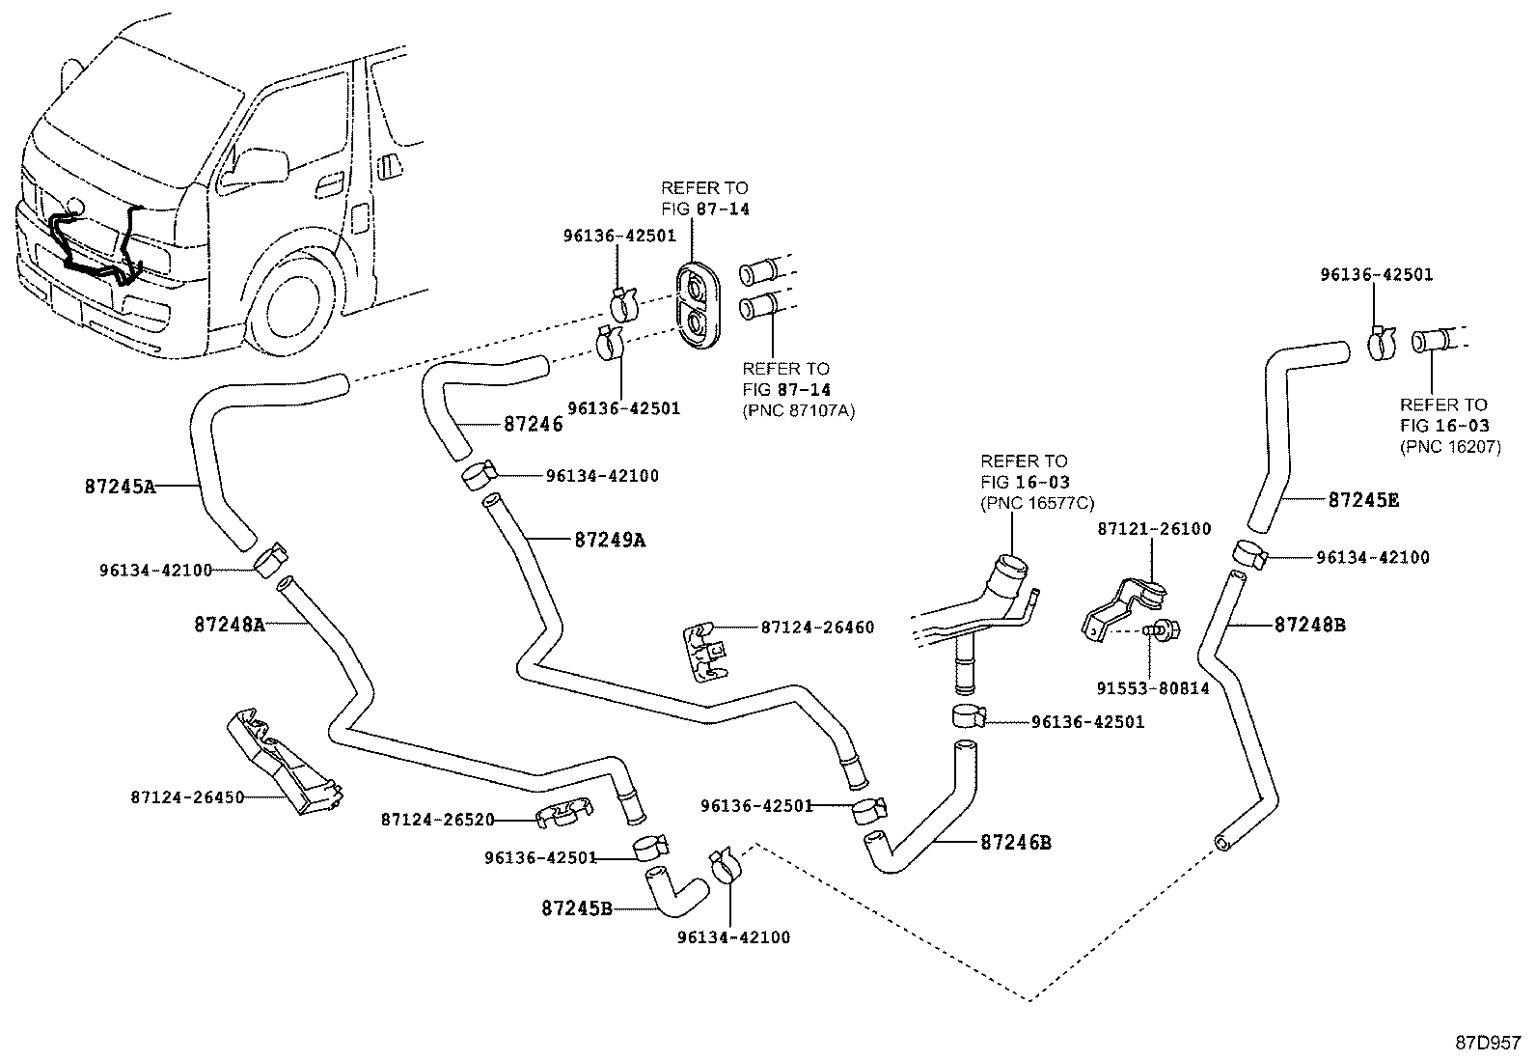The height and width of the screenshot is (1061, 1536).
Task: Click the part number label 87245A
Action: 120,487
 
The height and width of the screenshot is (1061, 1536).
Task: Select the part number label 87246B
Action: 1015,843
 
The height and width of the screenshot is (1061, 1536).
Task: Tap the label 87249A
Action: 610,541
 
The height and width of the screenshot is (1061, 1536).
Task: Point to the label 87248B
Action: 1309,625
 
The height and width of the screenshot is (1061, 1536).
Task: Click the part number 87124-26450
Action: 187,797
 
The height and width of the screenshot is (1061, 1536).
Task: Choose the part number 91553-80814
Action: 1152,689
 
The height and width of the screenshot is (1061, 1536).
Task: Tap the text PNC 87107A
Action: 798,410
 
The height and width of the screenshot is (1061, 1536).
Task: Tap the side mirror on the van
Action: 259,166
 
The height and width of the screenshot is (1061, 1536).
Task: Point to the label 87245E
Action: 1363,500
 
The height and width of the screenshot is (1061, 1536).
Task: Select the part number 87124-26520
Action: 437,820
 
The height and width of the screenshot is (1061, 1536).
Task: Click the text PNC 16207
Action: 1450,447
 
